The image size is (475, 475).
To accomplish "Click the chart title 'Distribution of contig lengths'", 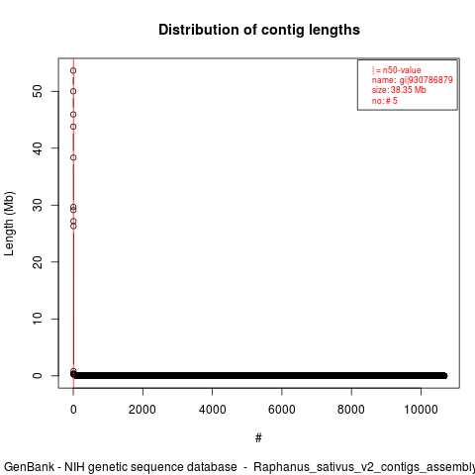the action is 259,30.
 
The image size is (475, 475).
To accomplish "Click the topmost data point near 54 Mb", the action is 73,70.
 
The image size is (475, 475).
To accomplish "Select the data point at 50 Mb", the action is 73,91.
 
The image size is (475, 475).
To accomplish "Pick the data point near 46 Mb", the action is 73,115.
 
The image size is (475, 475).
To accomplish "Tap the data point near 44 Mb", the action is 73,127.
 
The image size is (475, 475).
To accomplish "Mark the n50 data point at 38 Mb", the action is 73,157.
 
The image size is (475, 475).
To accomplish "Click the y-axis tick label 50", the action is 38,91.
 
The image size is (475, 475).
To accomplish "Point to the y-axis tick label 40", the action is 38,148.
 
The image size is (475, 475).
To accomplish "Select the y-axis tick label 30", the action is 38,205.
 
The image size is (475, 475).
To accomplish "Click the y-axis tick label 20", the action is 38,262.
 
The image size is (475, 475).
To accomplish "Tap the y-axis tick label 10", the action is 38,319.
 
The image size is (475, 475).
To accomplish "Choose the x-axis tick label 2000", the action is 142,410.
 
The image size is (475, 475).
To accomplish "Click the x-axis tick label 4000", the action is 213,410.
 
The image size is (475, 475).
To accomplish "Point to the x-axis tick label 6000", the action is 282,410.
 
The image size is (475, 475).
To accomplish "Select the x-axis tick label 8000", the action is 351,410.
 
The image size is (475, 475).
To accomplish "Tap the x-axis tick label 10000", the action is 421,410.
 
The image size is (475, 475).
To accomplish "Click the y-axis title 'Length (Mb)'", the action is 10,224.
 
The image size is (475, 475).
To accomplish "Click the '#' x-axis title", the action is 258,438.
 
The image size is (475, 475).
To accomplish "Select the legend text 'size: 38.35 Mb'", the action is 399,90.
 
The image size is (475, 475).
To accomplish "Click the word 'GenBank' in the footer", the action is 29,467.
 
